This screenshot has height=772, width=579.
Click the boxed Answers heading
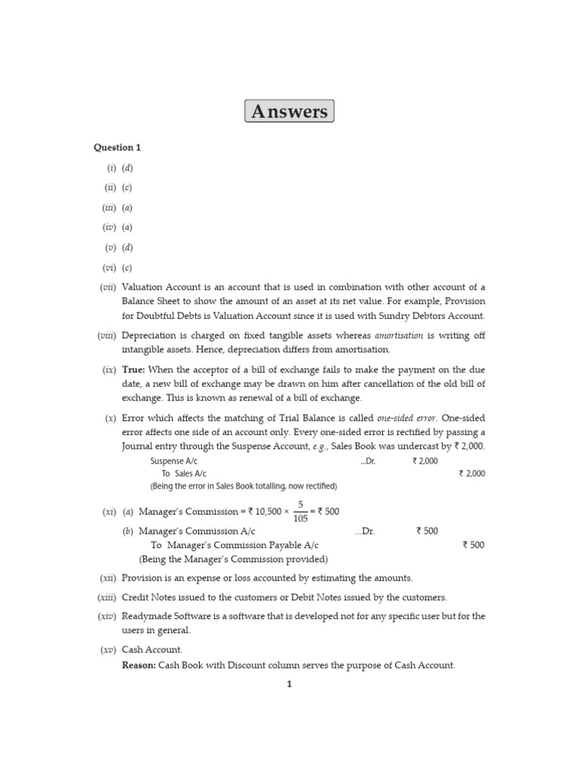[x=289, y=112]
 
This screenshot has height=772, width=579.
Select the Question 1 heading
[x=117, y=148]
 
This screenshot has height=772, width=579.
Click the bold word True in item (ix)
[x=133, y=369]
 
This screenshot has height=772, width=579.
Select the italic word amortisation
[x=400, y=335]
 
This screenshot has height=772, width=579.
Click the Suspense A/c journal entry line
[x=174, y=461]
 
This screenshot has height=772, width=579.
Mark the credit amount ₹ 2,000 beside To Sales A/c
[x=471, y=473]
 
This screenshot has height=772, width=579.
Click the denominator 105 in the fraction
[x=300, y=519]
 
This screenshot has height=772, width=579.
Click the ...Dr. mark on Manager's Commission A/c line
[x=365, y=531]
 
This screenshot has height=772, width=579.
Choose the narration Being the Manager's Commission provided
[x=233, y=559]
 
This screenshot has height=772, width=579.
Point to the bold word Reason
[x=139, y=665]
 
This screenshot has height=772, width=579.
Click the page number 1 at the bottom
[x=289, y=685]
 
